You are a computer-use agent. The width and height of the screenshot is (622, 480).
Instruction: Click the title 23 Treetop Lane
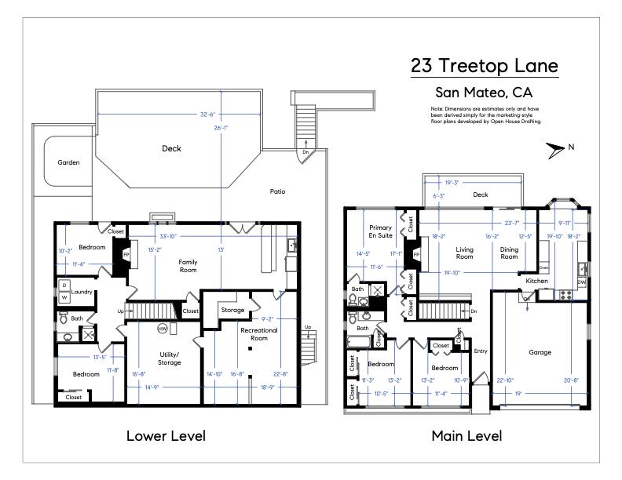pyautogui.click(x=485, y=65)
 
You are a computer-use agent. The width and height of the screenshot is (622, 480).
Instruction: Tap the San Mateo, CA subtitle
pyautogui.click(x=485, y=92)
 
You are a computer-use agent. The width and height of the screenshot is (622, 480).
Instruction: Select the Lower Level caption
pyautogui.click(x=166, y=435)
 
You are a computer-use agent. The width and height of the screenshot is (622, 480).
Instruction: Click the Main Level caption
pyautogui.click(x=466, y=435)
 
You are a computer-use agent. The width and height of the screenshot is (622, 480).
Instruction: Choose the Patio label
pyautogui.click(x=277, y=191)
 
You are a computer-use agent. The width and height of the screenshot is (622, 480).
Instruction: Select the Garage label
pyautogui.click(x=540, y=352)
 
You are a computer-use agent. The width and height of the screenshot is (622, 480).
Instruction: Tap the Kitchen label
pyautogui.click(x=536, y=280)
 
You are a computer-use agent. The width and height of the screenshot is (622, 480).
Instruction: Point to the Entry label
pyautogui.click(x=481, y=351)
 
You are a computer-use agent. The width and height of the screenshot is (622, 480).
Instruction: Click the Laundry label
pyautogui.click(x=82, y=292)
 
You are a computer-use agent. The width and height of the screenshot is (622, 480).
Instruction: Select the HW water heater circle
pyautogui.click(x=163, y=328)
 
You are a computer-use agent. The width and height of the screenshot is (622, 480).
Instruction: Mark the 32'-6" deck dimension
pyautogui.click(x=185, y=115)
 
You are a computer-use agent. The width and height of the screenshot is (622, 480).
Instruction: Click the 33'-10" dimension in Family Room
pyautogui.click(x=167, y=236)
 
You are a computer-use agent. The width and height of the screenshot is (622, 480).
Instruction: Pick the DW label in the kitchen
pyautogui.click(x=582, y=282)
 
